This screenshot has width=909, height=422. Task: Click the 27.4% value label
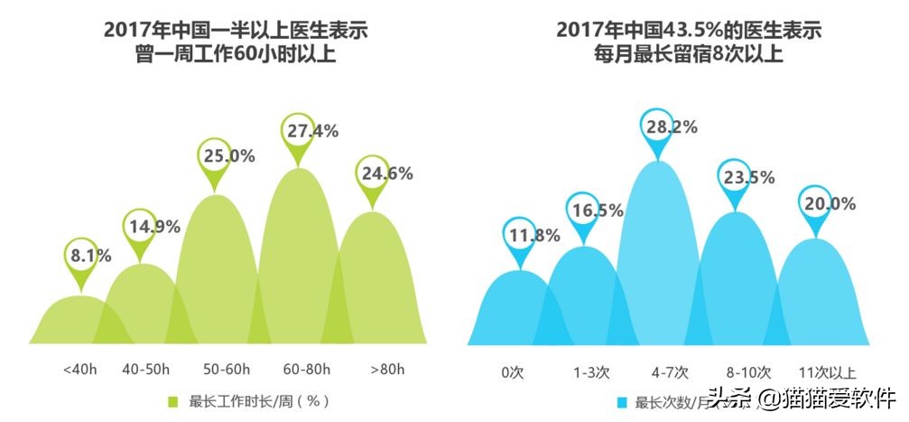pyautogui.click(x=312, y=131)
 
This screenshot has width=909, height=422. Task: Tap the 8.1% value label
pyautogui.click(x=91, y=256)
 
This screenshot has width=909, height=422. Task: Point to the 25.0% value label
pyautogui.click(x=228, y=155)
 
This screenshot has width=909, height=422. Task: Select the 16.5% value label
pyautogui.click(x=596, y=211)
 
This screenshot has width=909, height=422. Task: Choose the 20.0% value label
pyautogui.click(x=829, y=204)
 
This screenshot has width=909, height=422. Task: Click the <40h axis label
pyautogui.click(x=80, y=370)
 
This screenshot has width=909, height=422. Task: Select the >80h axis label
pyautogui.click(x=388, y=370)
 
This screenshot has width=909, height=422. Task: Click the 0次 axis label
pyautogui.click(x=513, y=371)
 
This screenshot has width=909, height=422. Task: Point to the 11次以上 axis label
pyautogui.click(x=827, y=371)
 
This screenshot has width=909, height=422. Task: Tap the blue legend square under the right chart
pyautogui.click(x=621, y=403)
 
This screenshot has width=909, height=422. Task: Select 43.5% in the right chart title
pyautogui.click(x=685, y=30)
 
